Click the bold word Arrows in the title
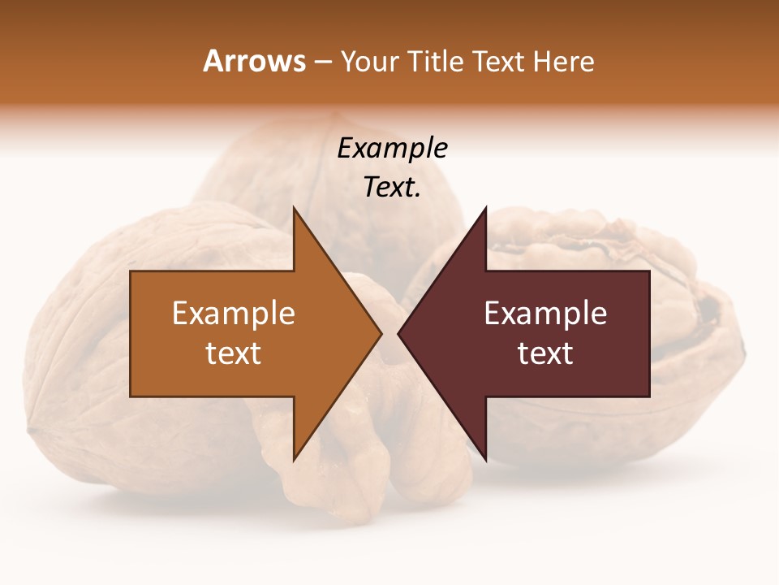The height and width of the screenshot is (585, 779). (254, 61)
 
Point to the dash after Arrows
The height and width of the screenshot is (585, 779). (322, 63)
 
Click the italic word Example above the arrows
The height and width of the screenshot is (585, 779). (393, 149)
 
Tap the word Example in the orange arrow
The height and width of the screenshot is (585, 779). (234, 314)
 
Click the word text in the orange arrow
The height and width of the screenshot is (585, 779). (234, 353)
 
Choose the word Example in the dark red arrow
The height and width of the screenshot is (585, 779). (545, 314)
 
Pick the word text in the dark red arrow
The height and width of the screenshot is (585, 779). (545, 353)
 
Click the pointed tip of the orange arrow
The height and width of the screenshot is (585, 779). (381, 334)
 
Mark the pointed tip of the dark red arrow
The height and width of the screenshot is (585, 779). (398, 334)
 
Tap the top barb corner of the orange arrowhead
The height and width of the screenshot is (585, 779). (294, 208)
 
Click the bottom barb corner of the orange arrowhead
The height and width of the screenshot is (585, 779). (294, 460)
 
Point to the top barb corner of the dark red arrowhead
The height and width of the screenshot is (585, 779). (485, 208)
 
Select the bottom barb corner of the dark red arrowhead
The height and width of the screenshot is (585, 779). (485, 460)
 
